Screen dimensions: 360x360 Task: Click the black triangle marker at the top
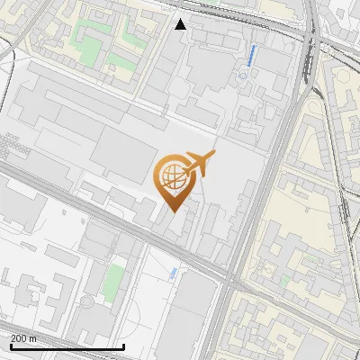(x=181, y=24)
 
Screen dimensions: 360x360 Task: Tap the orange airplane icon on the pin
(x=199, y=165)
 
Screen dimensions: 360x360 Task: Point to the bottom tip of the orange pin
(x=172, y=211)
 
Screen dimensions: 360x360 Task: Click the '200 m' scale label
(x=24, y=338)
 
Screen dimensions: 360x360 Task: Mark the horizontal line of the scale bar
(x=67, y=347)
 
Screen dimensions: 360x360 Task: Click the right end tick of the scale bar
(x=123, y=346)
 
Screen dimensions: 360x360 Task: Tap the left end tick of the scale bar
(x=10, y=346)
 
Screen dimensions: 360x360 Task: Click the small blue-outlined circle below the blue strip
(x=242, y=76)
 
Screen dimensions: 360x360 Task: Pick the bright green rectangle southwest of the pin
(x=112, y=283)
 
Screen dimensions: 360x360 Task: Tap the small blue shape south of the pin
(x=173, y=271)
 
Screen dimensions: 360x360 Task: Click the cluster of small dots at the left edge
(x=13, y=144)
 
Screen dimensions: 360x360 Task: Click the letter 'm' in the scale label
(x=32, y=338)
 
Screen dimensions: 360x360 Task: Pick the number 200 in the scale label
(x=20, y=338)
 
